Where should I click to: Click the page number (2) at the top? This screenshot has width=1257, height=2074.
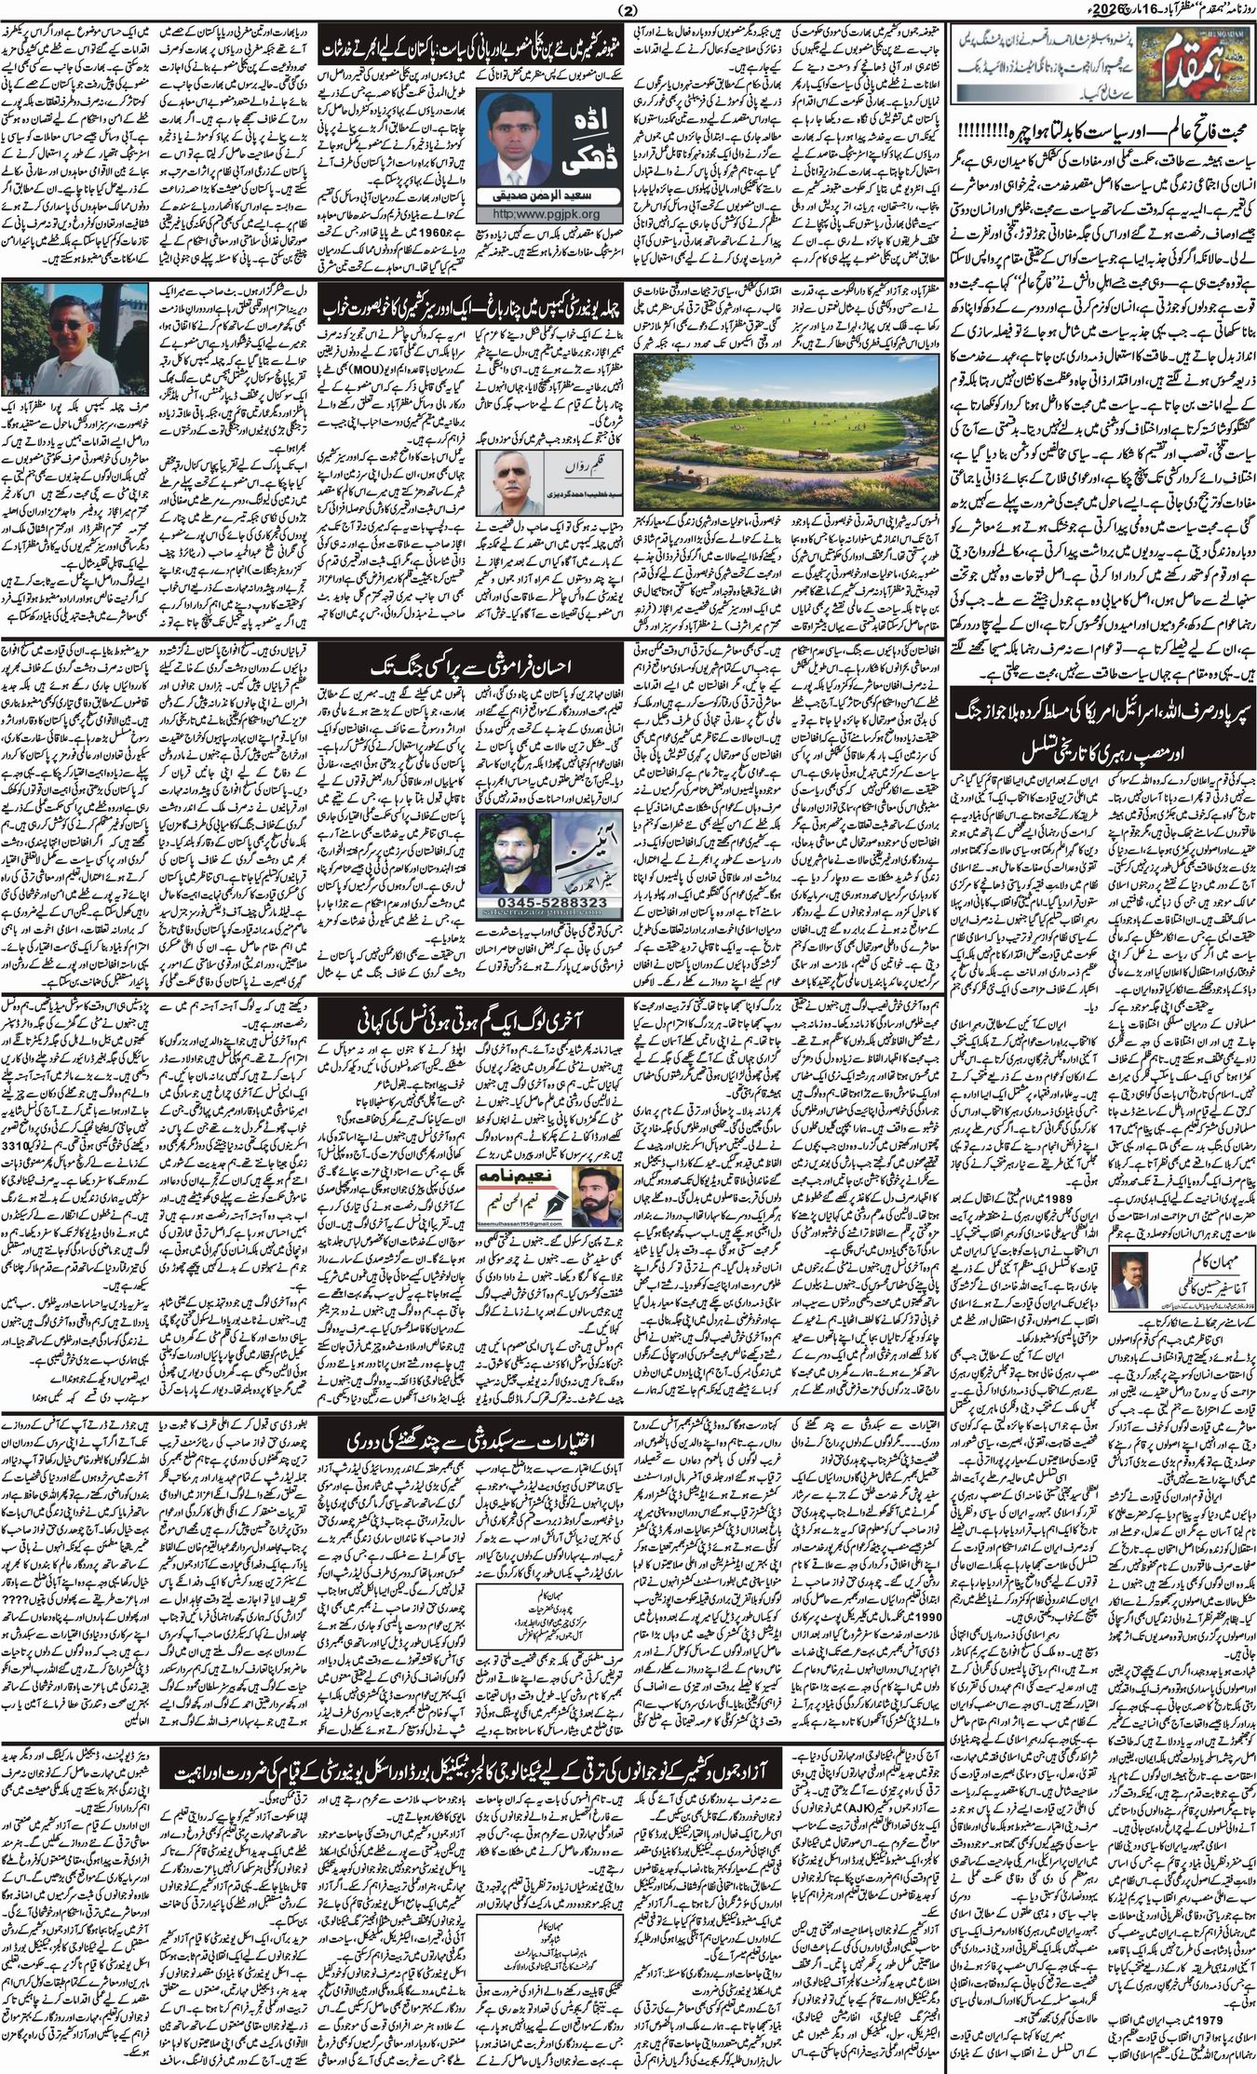click(626, 11)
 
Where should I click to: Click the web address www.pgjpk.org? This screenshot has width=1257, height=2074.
click(524, 239)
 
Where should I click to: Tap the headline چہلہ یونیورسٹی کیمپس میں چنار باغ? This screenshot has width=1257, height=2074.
click(470, 307)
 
